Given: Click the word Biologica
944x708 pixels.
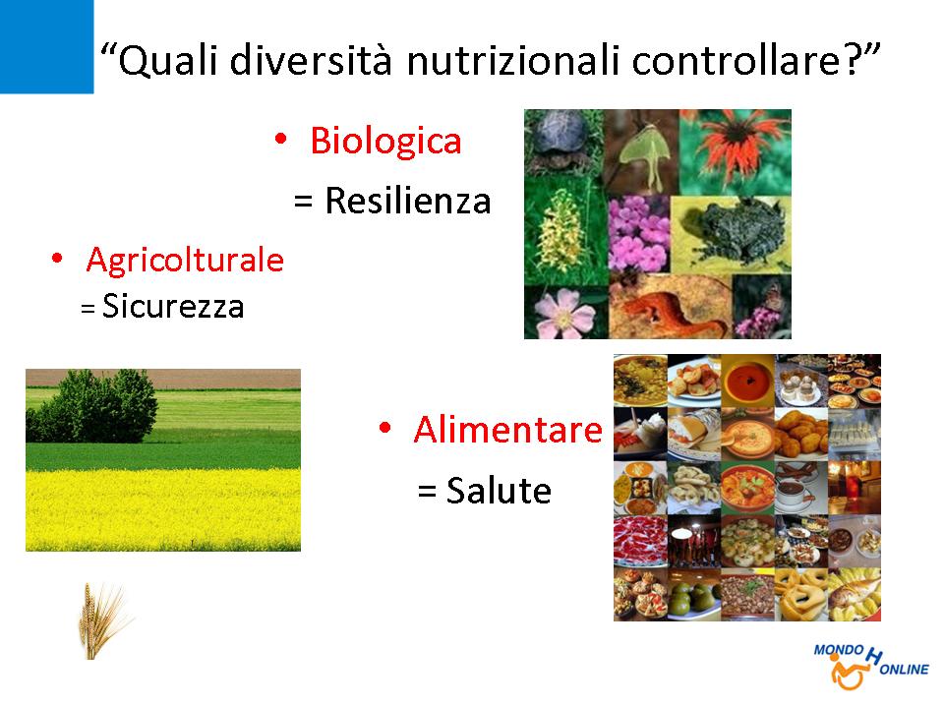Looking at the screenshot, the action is point(385,142).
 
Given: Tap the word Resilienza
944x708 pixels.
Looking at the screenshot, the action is point(408,201).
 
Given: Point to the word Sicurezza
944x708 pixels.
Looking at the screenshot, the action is point(173,306).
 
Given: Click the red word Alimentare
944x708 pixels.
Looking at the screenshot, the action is point(508,430).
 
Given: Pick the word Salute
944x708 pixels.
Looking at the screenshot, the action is point(499,491).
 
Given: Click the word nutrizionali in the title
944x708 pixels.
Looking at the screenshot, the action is point(513,60).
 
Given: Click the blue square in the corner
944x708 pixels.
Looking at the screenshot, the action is point(46,46).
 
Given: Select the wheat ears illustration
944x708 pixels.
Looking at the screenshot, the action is point(102,620).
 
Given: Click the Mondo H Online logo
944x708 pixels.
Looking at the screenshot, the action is point(870,666).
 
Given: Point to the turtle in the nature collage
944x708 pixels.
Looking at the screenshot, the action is point(560,140).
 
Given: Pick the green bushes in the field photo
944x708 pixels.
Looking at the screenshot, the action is point(96,407).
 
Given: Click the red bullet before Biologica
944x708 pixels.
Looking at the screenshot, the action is point(280,140).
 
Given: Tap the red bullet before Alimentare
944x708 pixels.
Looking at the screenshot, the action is point(385,429).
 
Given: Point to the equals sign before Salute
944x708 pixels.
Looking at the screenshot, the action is point(427,492).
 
